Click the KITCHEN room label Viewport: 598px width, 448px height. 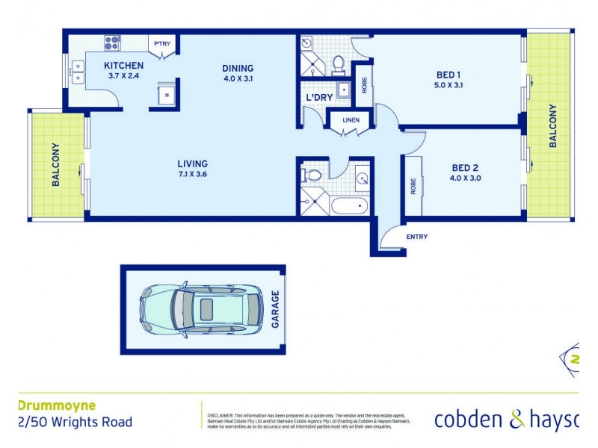[123, 66]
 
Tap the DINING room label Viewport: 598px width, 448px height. [238, 69]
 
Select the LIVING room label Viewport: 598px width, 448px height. [192, 164]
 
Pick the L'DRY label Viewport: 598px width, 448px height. [319, 98]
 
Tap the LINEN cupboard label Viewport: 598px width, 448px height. [351, 121]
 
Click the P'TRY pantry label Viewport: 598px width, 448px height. [162, 44]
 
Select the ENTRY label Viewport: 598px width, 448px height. [417, 237]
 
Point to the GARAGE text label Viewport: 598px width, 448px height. [275, 309]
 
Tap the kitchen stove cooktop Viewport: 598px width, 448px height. [112, 43]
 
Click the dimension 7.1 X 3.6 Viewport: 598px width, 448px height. [192, 176]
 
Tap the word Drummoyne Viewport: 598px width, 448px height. [56, 406]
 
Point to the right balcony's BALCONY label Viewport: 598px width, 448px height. [554, 125]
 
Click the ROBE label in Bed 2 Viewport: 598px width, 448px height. [412, 186]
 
